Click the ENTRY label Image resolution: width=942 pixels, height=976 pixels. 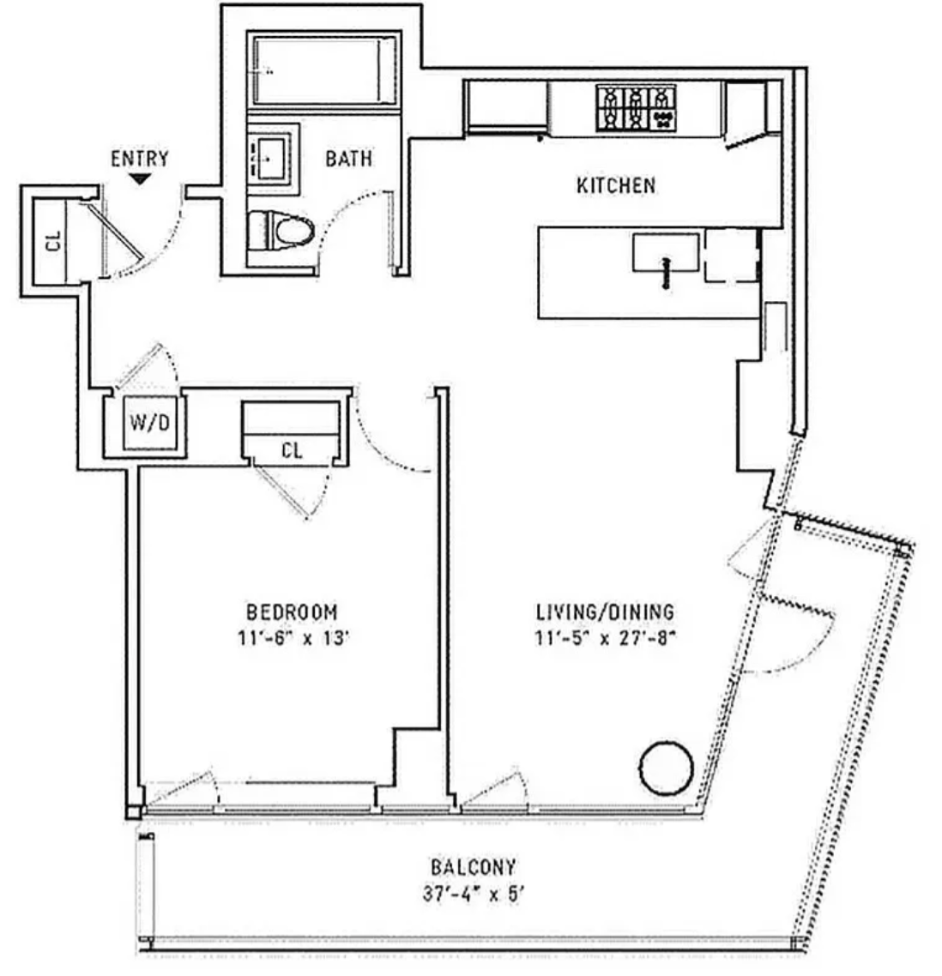tap(140, 160)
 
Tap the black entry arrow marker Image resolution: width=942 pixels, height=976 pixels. tap(140, 179)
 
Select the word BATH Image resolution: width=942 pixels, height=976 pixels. tap(348, 159)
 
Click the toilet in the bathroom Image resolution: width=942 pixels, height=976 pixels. tap(281, 232)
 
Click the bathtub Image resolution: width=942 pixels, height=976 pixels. tap(323, 69)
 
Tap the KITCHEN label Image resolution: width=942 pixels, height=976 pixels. tap(616, 185)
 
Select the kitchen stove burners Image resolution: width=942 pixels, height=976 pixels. tap(636, 108)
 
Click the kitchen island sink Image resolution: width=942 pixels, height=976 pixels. tap(666, 253)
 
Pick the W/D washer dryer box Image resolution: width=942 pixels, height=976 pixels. tap(149, 423)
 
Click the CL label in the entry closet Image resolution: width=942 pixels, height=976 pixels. tap(54, 241)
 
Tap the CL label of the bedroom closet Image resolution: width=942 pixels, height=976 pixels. tap(292, 450)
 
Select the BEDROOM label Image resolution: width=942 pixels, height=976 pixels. tap(292, 612)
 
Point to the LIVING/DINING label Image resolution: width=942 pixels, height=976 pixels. tap(605, 612)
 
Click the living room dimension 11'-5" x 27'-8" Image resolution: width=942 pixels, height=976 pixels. tap(605, 638)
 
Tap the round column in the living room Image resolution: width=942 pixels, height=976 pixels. tap(667, 768)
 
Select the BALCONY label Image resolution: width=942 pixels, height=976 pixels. tap(474, 867)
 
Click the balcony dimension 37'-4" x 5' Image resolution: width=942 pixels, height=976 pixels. tap(474, 895)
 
